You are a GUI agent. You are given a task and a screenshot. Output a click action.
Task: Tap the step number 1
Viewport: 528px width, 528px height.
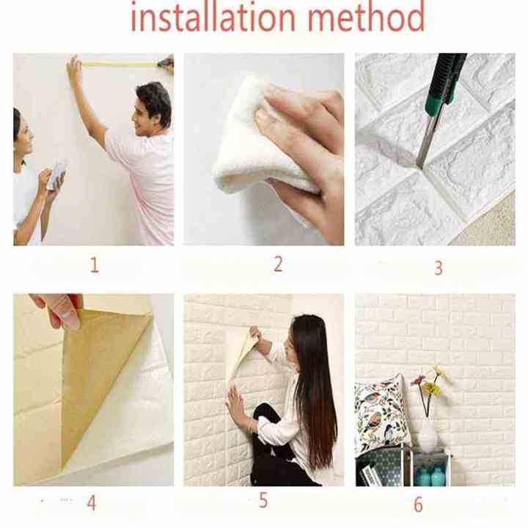tap(94, 265)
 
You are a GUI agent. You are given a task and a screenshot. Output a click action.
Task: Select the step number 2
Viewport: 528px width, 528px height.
tap(278, 264)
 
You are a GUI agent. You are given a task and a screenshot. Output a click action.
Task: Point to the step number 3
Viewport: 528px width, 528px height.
tap(438, 268)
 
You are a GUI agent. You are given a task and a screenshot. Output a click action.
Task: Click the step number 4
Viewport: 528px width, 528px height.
tap(91, 503)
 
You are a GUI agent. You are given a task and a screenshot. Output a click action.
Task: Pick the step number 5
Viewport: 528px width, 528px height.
tap(263, 502)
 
